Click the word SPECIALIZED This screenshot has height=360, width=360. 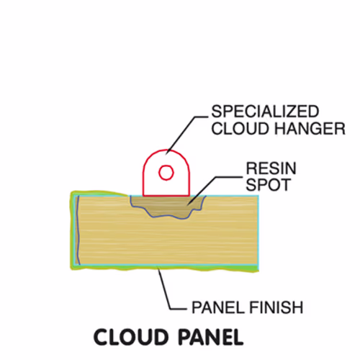(x=265, y=112)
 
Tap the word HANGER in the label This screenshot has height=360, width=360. (x=310, y=129)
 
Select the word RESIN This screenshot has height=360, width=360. (x=271, y=168)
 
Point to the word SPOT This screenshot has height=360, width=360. (x=269, y=185)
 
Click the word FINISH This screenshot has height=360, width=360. (x=276, y=307)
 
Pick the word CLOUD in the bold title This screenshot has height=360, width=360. (x=131, y=337)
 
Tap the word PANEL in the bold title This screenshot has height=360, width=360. (x=211, y=337)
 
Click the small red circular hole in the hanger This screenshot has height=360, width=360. (x=166, y=172)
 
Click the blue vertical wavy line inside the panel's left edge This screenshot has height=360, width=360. (x=78, y=230)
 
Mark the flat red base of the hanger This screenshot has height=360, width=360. (x=166, y=196)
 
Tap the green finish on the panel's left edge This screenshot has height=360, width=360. (x=72, y=230)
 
